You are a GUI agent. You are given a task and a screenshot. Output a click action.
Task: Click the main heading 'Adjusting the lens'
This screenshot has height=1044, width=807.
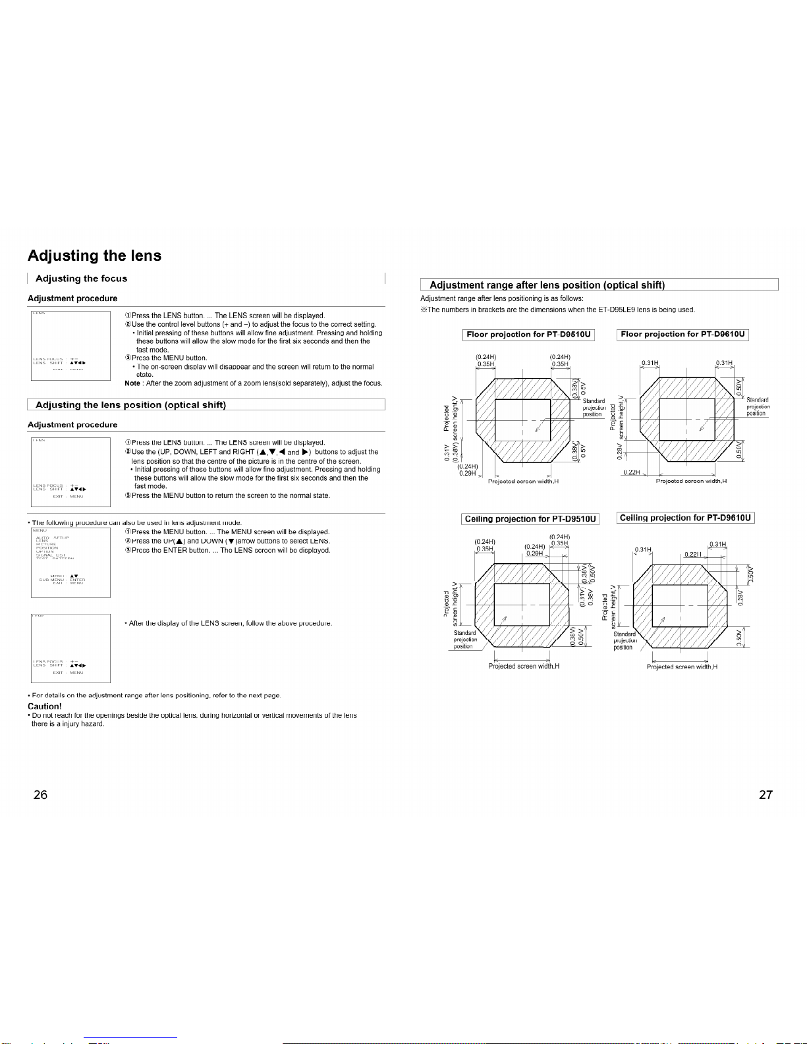click(94, 256)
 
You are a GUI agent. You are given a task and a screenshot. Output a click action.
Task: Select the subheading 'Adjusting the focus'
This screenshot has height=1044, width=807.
click(81, 279)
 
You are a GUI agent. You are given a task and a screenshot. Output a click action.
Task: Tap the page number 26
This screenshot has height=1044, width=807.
click(40, 794)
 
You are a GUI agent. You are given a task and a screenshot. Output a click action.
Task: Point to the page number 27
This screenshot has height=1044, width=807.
click(765, 794)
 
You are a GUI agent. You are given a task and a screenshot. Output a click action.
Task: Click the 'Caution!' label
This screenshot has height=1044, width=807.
click(45, 706)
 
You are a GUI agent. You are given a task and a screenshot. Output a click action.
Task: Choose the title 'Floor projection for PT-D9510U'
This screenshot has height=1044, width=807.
click(528, 335)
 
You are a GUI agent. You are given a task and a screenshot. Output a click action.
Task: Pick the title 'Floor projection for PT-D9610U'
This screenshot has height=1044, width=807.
click(682, 335)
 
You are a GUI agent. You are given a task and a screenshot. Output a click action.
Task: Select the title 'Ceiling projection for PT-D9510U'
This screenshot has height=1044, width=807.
click(530, 519)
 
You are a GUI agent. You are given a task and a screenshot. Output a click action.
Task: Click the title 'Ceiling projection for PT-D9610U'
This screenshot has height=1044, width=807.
click(685, 518)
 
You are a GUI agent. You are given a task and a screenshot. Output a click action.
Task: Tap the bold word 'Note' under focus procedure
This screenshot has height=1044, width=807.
click(132, 383)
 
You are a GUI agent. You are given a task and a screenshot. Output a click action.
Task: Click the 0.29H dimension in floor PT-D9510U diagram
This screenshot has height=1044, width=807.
click(467, 474)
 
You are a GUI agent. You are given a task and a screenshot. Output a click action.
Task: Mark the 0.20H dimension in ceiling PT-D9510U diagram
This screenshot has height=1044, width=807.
click(534, 554)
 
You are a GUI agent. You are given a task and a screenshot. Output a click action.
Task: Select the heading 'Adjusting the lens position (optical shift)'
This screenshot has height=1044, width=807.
click(130, 405)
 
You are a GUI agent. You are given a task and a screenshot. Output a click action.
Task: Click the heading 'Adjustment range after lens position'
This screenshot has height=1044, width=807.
click(547, 285)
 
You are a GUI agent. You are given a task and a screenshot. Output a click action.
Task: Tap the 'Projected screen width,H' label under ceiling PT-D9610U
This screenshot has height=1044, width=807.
click(682, 667)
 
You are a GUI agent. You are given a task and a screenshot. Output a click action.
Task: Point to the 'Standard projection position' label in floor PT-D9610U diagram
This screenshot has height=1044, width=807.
click(757, 406)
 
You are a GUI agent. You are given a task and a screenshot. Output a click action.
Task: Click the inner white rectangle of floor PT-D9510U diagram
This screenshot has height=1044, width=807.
click(522, 420)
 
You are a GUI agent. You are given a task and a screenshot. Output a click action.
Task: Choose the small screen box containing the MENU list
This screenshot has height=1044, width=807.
click(70, 563)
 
